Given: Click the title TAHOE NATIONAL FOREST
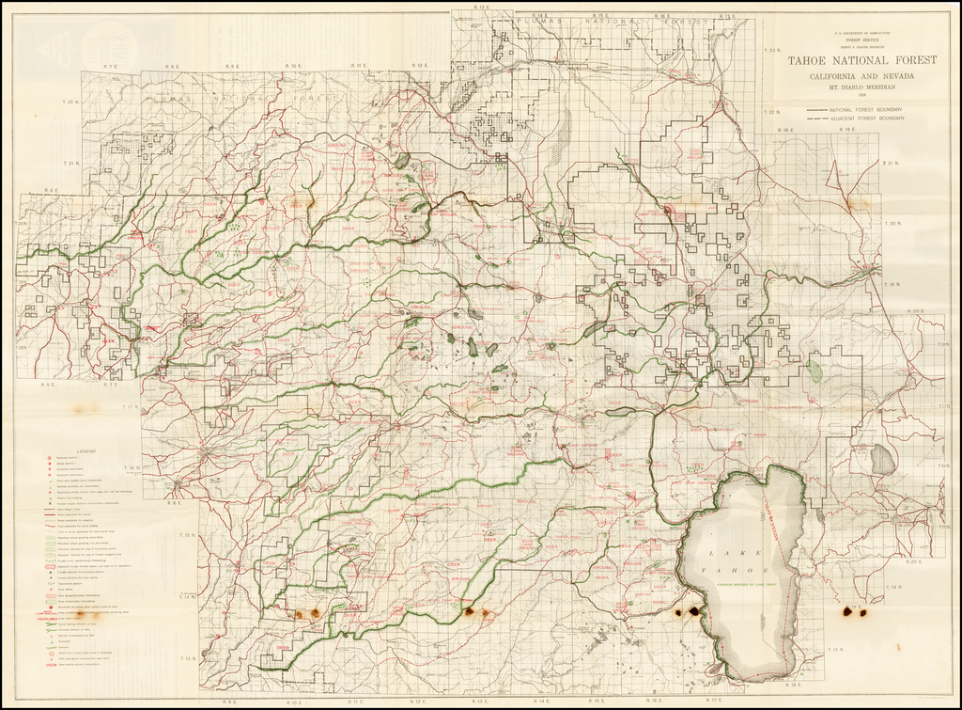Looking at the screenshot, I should (861, 59).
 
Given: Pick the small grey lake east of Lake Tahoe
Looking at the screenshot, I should (880, 460).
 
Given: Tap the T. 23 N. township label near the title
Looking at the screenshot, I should (771, 49).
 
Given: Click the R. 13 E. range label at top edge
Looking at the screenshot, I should (482, 8).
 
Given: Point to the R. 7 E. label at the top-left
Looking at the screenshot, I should (110, 66).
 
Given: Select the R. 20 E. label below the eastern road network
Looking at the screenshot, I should (914, 561).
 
